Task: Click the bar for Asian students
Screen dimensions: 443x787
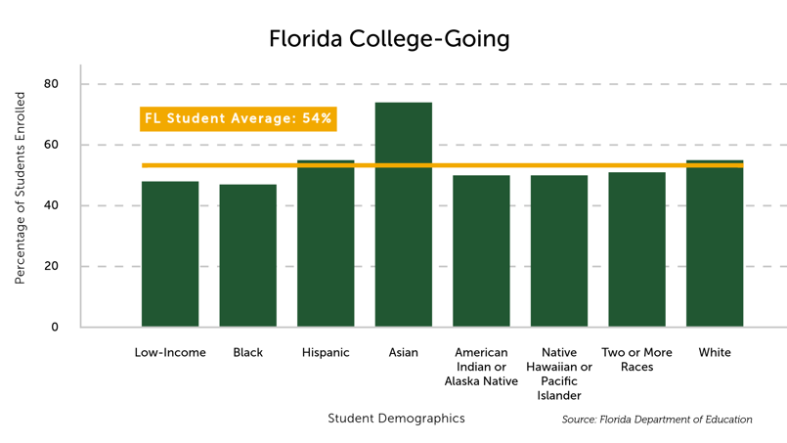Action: pyautogui.click(x=403, y=215)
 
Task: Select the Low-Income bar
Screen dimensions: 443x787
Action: pyautogui.click(x=170, y=254)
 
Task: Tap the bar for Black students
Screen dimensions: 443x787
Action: pyautogui.click(x=247, y=255)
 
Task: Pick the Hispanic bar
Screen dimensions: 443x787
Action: pyautogui.click(x=326, y=244)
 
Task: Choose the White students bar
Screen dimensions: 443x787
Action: pyautogui.click(x=715, y=244)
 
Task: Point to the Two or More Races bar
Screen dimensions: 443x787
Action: pyautogui.click(x=636, y=249)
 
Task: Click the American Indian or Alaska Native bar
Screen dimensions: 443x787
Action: pyautogui.click(x=481, y=251)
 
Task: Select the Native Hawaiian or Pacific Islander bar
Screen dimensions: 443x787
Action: pyautogui.click(x=559, y=251)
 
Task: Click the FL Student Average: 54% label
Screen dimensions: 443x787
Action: pyautogui.click(x=238, y=118)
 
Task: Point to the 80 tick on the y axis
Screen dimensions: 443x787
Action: pyautogui.click(x=52, y=84)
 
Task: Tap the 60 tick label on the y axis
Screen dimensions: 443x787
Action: pyautogui.click(x=52, y=145)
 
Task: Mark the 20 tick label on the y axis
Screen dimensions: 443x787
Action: pyautogui.click(x=52, y=266)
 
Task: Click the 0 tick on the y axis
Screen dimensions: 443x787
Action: pyautogui.click(x=55, y=327)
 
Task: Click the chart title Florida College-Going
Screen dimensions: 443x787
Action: pyautogui.click(x=389, y=39)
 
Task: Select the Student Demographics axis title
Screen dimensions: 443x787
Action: pyautogui.click(x=396, y=419)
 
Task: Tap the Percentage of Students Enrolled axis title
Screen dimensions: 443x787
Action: pyautogui.click(x=20, y=188)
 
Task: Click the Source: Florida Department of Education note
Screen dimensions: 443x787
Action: pyautogui.click(x=657, y=420)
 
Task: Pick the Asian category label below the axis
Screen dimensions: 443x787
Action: pyautogui.click(x=403, y=352)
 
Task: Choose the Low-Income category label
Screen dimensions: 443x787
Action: pyautogui.click(x=170, y=352)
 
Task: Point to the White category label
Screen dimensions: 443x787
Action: pyautogui.click(x=715, y=352)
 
